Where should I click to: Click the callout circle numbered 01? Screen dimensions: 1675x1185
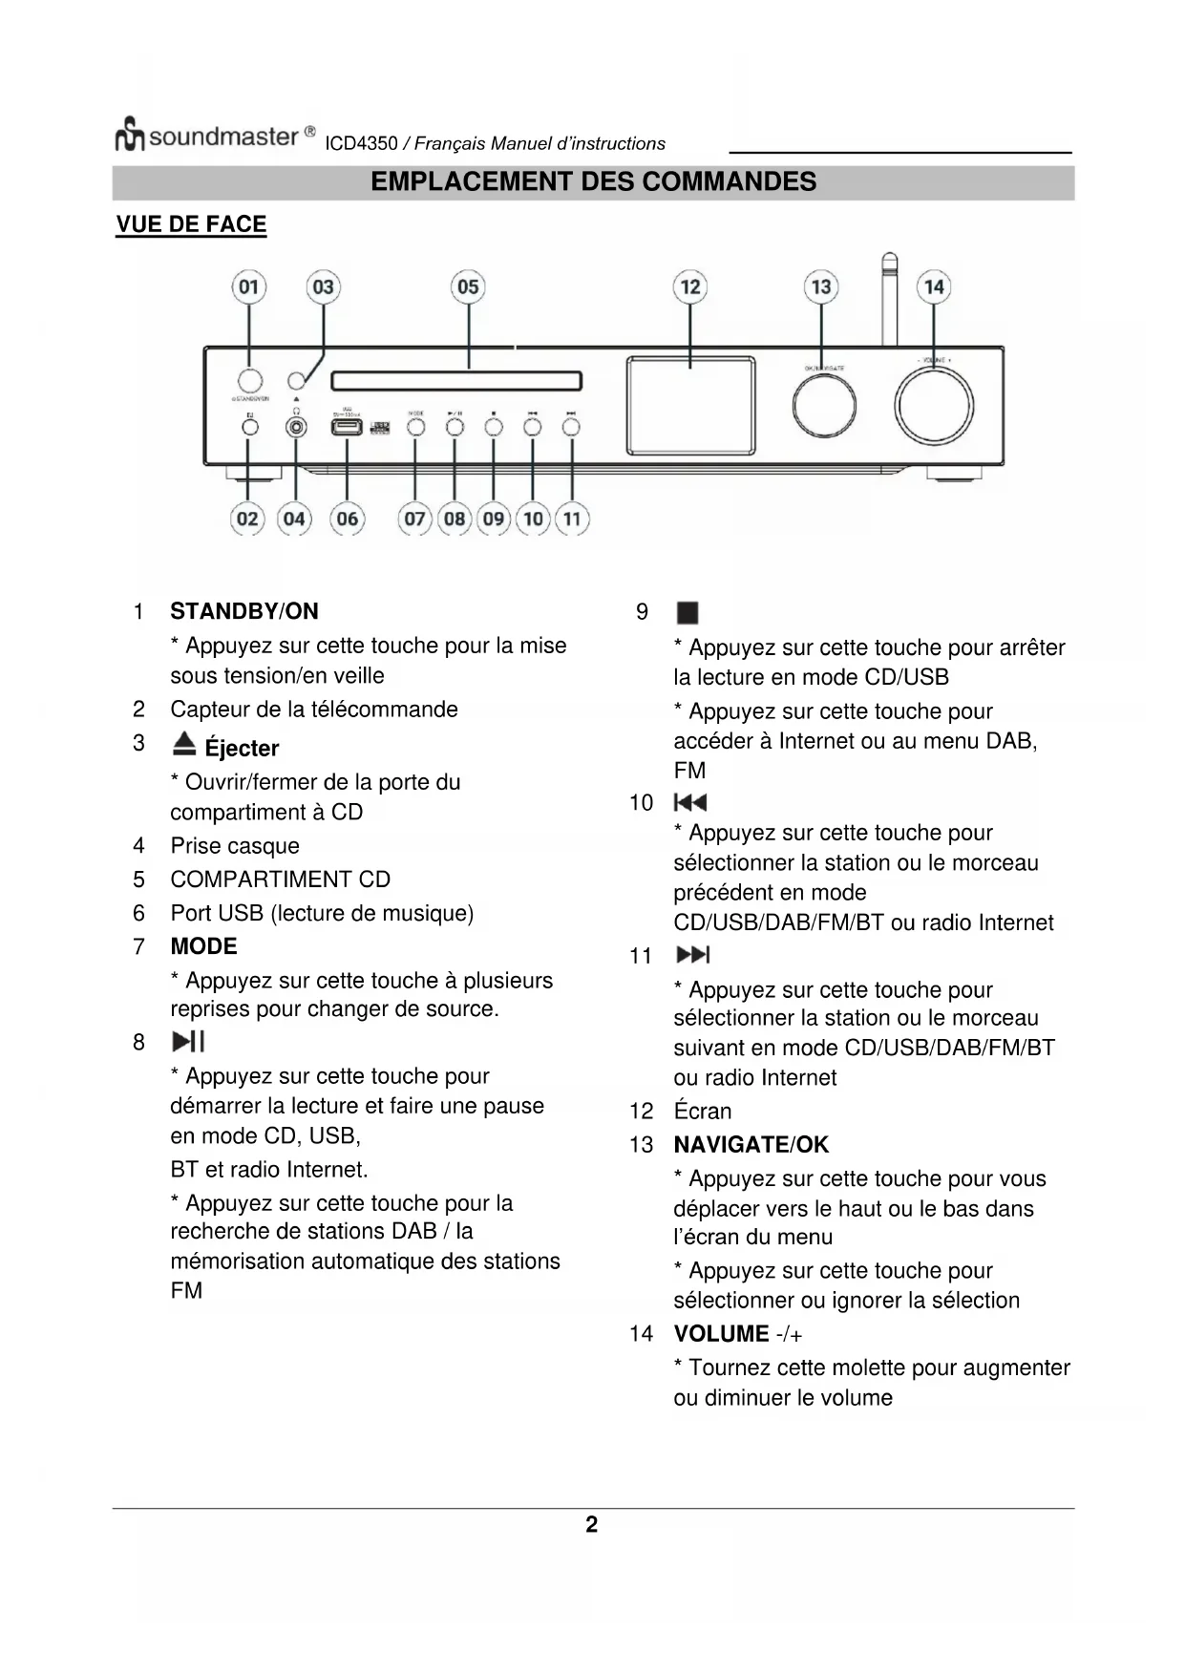pyautogui.click(x=248, y=286)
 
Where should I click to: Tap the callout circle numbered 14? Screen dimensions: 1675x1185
pyautogui.click(x=933, y=286)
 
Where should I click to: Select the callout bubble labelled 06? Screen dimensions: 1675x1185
pyautogui.click(x=347, y=519)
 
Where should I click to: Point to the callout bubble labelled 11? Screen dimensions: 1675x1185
pyautogui.click(x=571, y=519)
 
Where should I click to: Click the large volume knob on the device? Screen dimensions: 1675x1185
pyautogui.click(x=933, y=405)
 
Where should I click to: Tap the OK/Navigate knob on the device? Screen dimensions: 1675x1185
pyautogui.click(x=823, y=405)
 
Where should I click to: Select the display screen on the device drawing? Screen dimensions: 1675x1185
pyautogui.click(x=690, y=405)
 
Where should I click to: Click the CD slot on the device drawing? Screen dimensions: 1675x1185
pyautogui.click(x=456, y=382)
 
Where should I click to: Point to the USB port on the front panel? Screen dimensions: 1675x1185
pyautogui.click(x=346, y=427)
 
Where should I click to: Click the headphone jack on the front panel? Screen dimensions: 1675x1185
pyautogui.click(x=297, y=427)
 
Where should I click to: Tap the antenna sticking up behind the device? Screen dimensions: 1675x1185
pyautogui.click(x=889, y=296)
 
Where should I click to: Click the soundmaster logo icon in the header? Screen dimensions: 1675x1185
pyautogui.click(x=130, y=135)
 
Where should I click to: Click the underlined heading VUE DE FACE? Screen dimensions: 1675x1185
pyautogui.click(x=191, y=224)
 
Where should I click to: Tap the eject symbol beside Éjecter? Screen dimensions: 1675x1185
pyautogui.click(x=184, y=744)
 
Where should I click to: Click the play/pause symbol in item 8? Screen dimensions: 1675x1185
pyautogui.click(x=188, y=1042)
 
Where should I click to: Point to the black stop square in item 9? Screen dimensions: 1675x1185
pyautogui.click(x=687, y=612)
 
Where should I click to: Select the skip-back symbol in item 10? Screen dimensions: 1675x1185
pyautogui.click(x=689, y=802)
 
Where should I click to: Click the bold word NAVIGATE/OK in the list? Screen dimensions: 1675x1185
pyautogui.click(x=751, y=1144)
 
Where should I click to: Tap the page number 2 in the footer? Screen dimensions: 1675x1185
pyautogui.click(x=592, y=1524)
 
